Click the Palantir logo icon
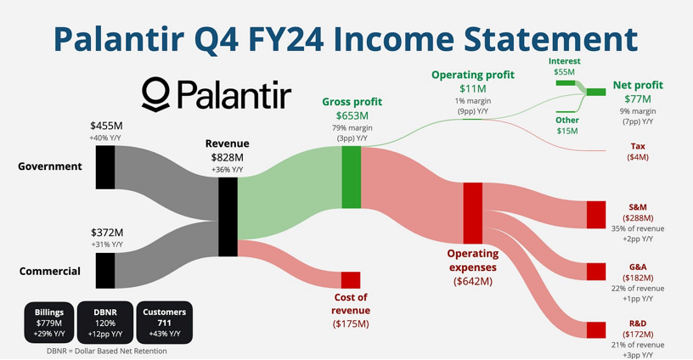[x=155, y=94]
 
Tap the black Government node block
[x=105, y=167]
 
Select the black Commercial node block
[x=105, y=271]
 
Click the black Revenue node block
[x=228, y=217]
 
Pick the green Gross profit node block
[x=352, y=177]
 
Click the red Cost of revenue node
[x=351, y=280]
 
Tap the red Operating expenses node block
[x=473, y=213]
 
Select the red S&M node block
[x=596, y=215]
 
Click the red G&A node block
[x=596, y=272]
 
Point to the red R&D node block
[x=596, y=330]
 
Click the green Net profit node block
[x=596, y=92]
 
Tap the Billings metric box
[x=49, y=323]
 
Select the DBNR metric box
[x=105, y=323]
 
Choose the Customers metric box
[x=165, y=323]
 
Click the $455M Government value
[x=106, y=126]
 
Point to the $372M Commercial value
[x=107, y=233]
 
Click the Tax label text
[x=638, y=146]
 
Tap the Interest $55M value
[x=565, y=71]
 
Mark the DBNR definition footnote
[x=107, y=352]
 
